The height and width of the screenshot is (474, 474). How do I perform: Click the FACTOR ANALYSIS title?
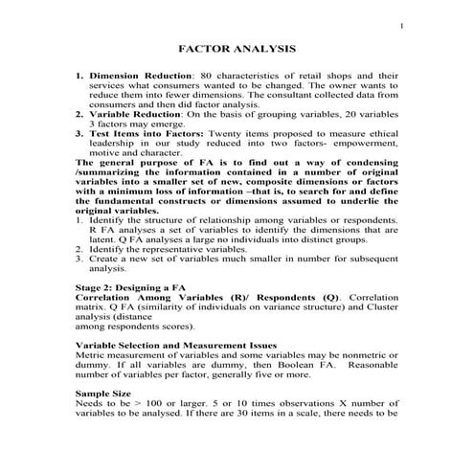pyautogui.click(x=237, y=49)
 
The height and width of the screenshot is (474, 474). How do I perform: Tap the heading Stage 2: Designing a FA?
pyautogui.click(x=130, y=285)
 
